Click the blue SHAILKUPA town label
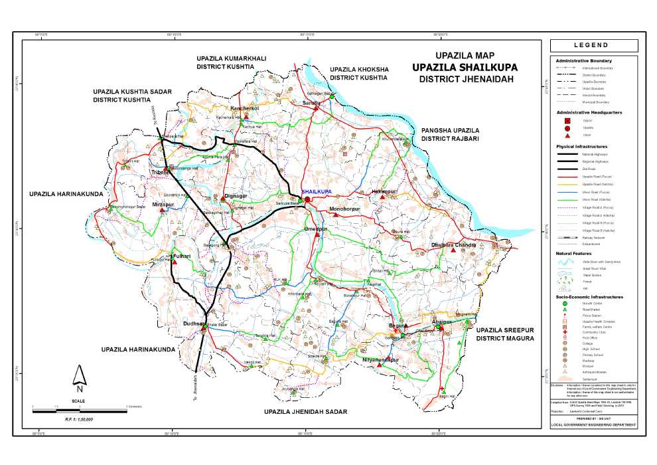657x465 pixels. click(317, 191)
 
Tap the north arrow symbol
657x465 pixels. click(79, 377)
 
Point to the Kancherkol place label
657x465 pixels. click(244, 108)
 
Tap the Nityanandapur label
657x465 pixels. click(381, 359)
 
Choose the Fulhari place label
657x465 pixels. click(181, 256)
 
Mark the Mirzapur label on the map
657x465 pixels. click(163, 205)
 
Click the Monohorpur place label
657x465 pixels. click(344, 209)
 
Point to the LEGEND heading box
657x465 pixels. click(594, 45)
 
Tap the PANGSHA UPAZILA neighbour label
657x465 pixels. click(450, 131)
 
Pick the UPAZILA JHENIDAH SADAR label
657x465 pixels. click(305, 413)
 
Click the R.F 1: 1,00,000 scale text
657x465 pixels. click(79, 418)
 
